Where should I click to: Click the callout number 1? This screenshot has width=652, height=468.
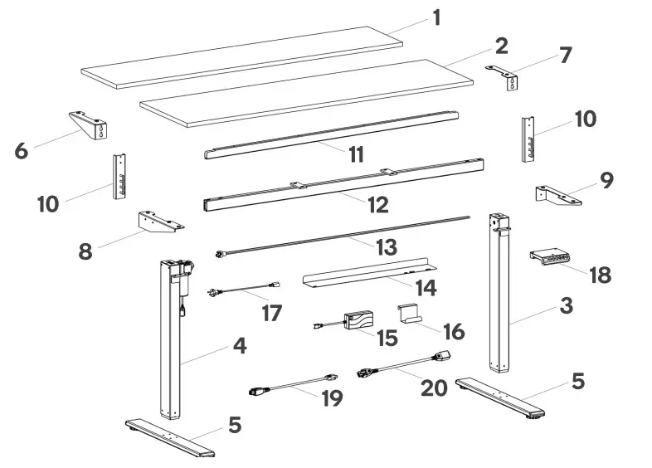[436, 17]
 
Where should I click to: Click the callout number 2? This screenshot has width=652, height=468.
[501, 45]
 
